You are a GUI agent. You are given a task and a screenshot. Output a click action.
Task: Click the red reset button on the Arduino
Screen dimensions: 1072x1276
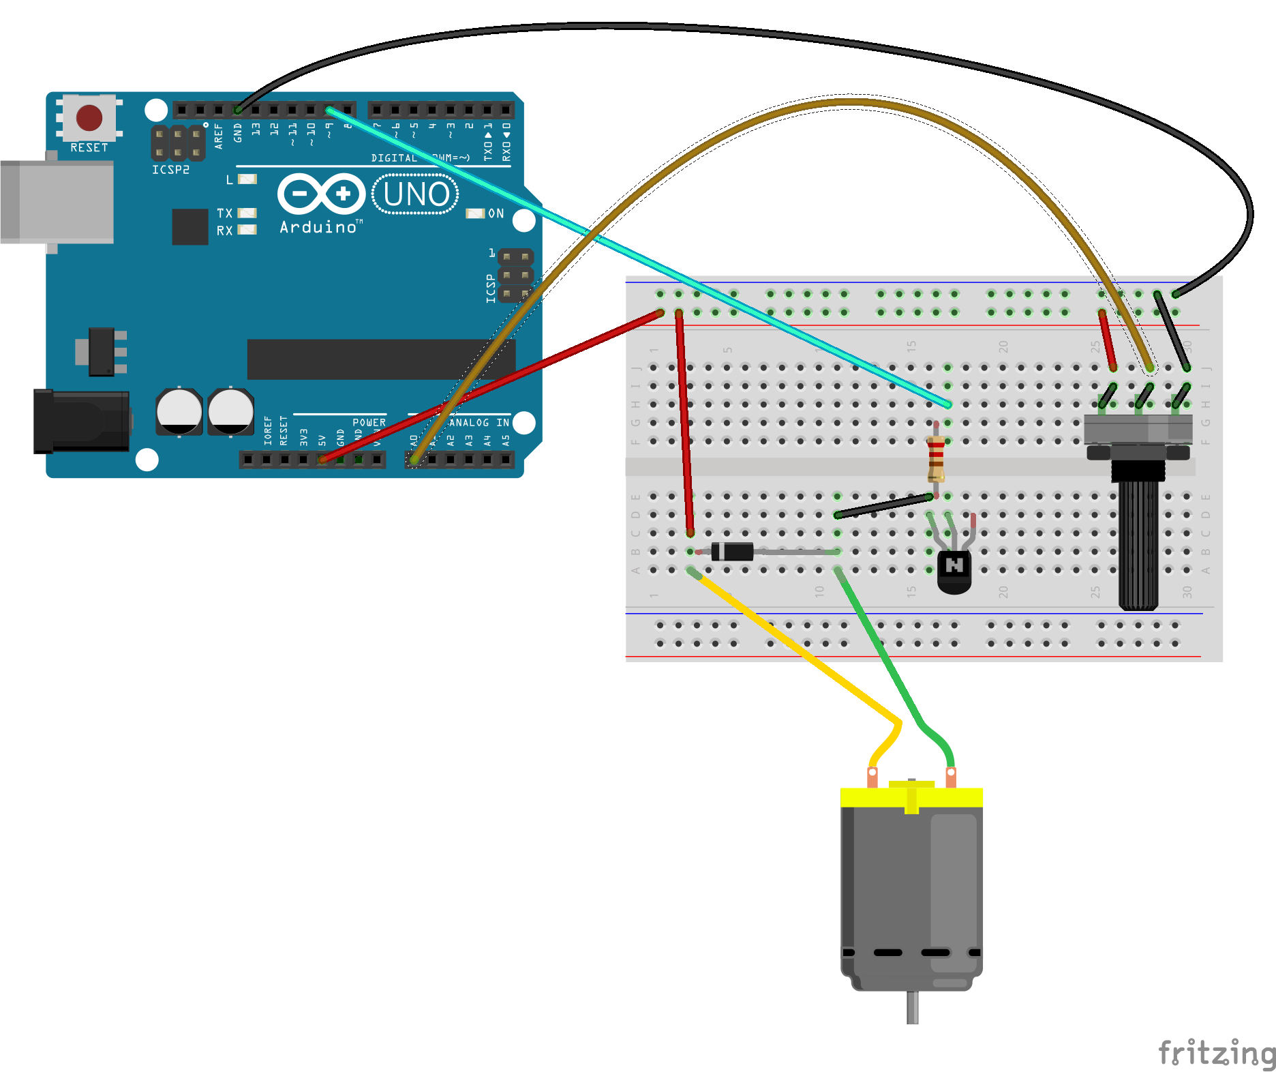tap(89, 117)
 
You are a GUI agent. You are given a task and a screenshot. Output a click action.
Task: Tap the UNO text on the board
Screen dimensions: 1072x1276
tap(416, 194)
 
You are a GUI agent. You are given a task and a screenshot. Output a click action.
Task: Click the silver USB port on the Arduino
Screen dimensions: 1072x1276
tap(57, 202)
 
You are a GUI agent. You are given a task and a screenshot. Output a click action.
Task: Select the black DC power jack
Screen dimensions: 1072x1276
tap(81, 421)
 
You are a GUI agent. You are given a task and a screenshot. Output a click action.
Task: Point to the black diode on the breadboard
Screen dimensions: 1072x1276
tap(732, 551)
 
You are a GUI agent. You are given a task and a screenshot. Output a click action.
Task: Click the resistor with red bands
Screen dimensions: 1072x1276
tap(936, 458)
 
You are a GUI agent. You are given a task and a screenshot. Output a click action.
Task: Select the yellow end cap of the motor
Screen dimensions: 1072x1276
tap(911, 796)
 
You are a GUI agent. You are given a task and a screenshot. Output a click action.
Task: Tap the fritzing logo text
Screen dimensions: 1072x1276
tap(1216, 1053)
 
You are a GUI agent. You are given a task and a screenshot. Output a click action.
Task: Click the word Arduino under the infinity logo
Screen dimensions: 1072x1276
tap(318, 227)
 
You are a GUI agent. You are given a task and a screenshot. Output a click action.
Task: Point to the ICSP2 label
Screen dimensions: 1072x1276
tap(170, 170)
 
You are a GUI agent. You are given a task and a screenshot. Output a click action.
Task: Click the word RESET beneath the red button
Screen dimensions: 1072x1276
tap(89, 147)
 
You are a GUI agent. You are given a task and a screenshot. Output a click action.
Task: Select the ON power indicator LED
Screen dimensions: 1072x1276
tap(475, 213)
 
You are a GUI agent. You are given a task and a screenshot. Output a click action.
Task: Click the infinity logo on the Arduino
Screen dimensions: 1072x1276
tap(321, 194)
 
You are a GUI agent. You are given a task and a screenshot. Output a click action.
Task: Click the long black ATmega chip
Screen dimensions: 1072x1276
tap(381, 359)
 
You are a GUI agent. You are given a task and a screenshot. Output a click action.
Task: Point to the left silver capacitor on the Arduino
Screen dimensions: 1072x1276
tap(179, 411)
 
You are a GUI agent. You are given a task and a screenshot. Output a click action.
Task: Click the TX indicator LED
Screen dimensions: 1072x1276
tap(247, 213)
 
